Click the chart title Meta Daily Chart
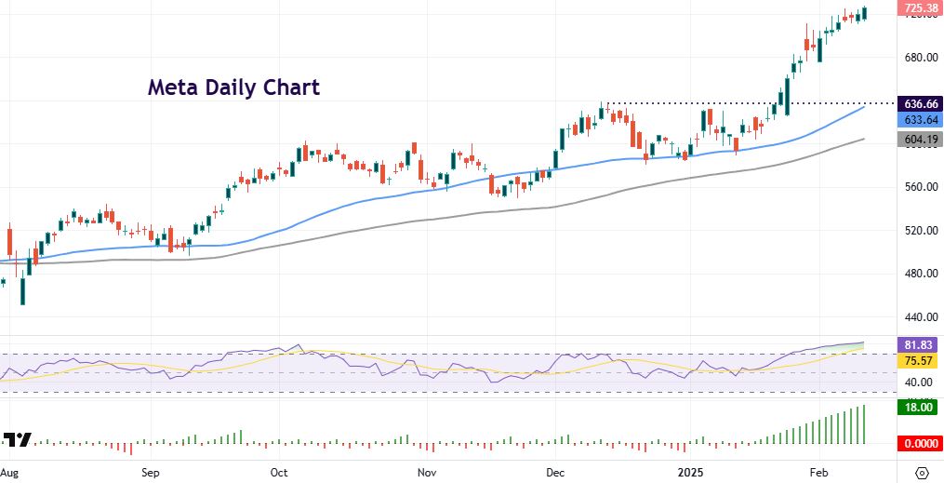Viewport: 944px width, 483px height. pyautogui.click(x=233, y=87)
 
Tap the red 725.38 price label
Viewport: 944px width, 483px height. pyautogui.click(x=920, y=8)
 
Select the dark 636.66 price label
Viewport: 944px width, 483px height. pyautogui.click(x=920, y=103)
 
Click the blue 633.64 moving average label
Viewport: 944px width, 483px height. pyautogui.click(x=920, y=120)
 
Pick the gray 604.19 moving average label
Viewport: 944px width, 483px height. pyautogui.click(x=920, y=139)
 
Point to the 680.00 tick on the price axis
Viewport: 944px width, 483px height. pyautogui.click(x=919, y=58)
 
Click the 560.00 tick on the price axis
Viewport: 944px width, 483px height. pyautogui.click(x=919, y=187)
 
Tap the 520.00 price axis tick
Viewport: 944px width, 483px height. pyautogui.click(x=919, y=230)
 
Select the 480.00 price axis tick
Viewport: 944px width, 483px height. pyautogui.click(x=919, y=274)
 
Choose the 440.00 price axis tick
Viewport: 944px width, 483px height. pyautogui.click(x=919, y=316)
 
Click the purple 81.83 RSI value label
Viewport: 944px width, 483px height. pyautogui.click(x=920, y=343)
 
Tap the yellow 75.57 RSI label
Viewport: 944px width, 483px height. pyautogui.click(x=920, y=360)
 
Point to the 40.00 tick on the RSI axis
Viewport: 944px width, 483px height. pyautogui.click(x=919, y=382)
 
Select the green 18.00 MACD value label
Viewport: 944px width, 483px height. pyautogui.click(x=920, y=407)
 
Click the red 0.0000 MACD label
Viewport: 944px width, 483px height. pyautogui.click(x=920, y=444)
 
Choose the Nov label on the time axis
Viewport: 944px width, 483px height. pyautogui.click(x=426, y=472)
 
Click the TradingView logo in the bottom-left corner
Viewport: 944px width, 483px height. pyautogui.click(x=18, y=440)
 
